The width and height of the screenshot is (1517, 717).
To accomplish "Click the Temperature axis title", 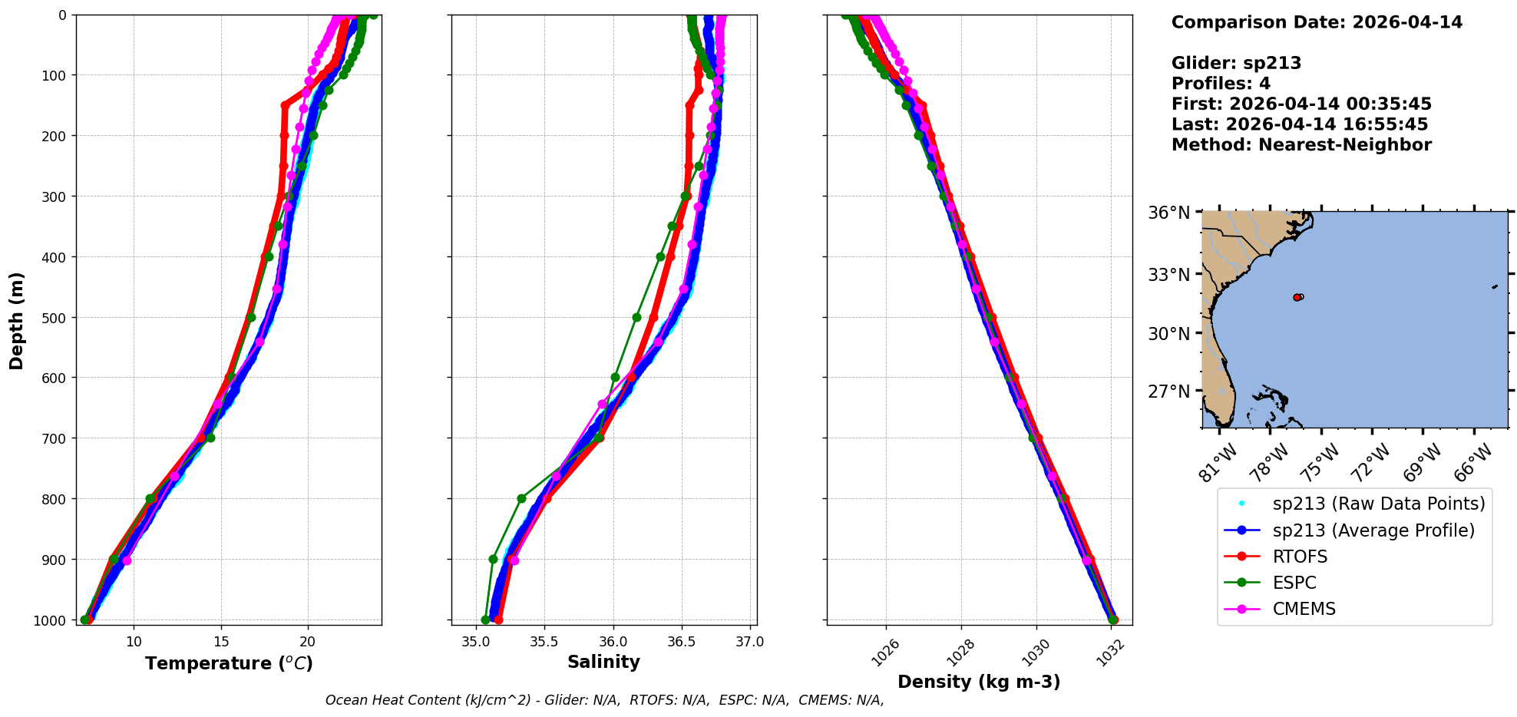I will (229, 663).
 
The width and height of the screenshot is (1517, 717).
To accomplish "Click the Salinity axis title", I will (603, 662).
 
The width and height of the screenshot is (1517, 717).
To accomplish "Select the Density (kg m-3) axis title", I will (979, 682).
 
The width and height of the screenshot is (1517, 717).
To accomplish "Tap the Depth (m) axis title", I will (17, 320).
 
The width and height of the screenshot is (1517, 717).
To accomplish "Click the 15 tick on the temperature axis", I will (221, 642).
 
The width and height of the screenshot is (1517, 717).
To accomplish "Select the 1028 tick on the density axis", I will (959, 652).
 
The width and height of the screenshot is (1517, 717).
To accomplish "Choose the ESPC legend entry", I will (1294, 583).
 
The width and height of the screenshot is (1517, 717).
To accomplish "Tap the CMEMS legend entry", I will (1304, 609).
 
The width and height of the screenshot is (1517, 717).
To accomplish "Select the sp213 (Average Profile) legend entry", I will (1373, 530).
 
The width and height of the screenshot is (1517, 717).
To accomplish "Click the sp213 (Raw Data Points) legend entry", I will (1378, 504).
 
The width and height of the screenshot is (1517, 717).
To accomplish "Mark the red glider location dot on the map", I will (1297, 297).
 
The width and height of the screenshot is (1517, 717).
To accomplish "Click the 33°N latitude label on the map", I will (1169, 274).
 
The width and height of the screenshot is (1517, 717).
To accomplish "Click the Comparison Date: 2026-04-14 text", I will (1317, 22).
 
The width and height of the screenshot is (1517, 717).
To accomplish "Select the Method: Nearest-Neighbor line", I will (1301, 145).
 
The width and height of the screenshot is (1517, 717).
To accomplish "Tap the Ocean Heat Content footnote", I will (604, 700).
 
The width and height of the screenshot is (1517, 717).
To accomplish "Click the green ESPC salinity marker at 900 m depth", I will (493, 559).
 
